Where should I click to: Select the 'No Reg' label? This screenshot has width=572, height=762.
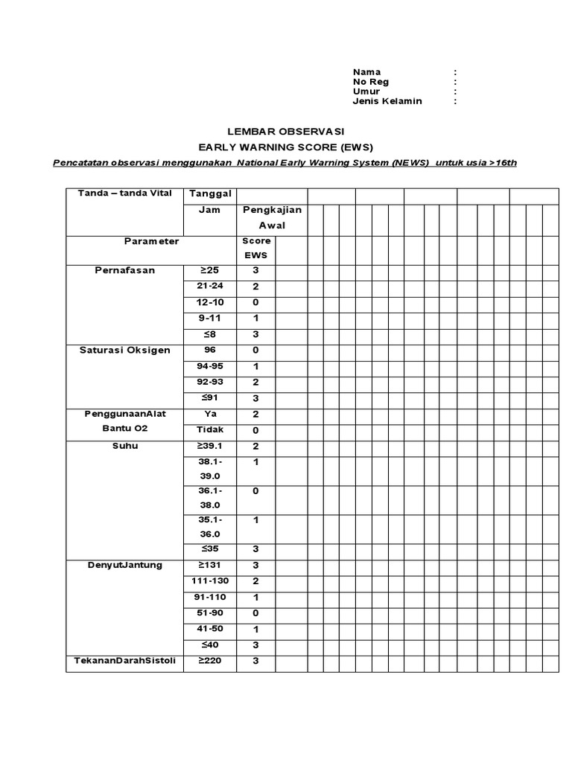(370, 82)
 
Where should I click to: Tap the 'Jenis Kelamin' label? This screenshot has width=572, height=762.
(387, 101)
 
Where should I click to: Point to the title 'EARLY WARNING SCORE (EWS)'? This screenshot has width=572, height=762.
(286, 147)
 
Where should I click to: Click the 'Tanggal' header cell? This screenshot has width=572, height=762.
(210, 194)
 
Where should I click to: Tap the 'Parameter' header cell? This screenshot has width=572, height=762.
(151, 241)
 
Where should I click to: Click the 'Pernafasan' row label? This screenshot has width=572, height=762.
(124, 270)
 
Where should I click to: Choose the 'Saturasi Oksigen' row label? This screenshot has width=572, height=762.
(124, 350)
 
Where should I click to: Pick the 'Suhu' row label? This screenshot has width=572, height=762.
(124, 446)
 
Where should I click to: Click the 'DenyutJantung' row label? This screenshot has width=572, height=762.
(124, 566)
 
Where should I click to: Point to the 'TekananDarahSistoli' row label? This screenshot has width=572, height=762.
(124, 661)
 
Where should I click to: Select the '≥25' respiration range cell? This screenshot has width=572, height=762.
(209, 271)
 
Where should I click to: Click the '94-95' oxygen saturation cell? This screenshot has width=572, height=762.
(209, 366)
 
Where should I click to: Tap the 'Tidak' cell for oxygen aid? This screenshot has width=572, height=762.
(209, 430)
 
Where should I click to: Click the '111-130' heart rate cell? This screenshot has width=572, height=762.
(209, 581)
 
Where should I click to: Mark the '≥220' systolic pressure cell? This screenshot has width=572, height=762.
(209, 661)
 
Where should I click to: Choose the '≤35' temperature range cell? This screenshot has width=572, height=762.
(209, 549)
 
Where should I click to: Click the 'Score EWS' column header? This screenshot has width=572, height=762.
(255, 248)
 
